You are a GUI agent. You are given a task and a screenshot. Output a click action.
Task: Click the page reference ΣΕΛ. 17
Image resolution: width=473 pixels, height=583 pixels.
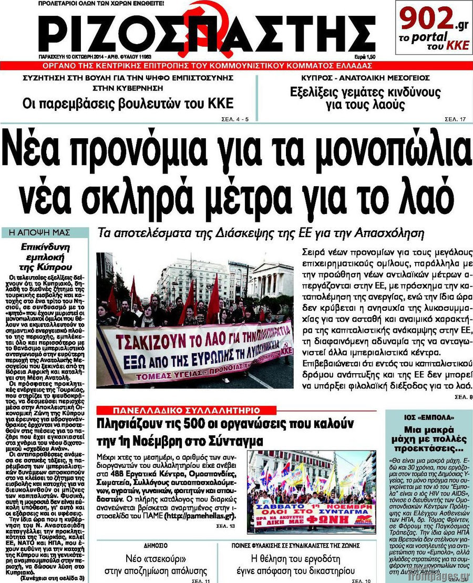[455, 119]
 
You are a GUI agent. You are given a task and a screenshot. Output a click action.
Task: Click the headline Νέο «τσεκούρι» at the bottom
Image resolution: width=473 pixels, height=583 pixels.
[163, 557]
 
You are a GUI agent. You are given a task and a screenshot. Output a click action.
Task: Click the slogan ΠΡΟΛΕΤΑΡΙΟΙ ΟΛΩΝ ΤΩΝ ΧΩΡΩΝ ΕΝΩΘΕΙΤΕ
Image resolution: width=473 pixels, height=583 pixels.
[96, 4]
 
